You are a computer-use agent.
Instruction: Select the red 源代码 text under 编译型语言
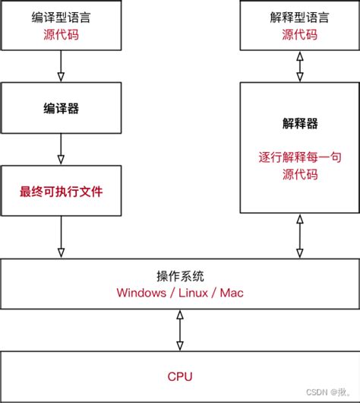pyautogui.click(x=60, y=35)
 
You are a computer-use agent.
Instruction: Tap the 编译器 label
pyautogui.click(x=60, y=109)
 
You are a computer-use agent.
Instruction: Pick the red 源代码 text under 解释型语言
pyautogui.click(x=299, y=35)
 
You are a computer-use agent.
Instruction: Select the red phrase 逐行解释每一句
pyautogui.click(x=299, y=158)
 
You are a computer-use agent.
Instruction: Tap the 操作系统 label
pyautogui.click(x=180, y=276)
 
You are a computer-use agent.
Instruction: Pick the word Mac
pyautogui.click(x=232, y=293)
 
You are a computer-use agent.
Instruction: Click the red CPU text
pyautogui.click(x=180, y=376)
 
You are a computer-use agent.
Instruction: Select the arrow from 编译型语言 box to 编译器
pyautogui.click(x=60, y=66)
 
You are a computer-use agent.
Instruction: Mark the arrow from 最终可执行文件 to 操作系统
pyautogui.click(x=60, y=237)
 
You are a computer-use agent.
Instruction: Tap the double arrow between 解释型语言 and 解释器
pyautogui.click(x=299, y=66)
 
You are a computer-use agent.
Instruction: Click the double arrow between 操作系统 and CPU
pyautogui.click(x=180, y=330)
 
